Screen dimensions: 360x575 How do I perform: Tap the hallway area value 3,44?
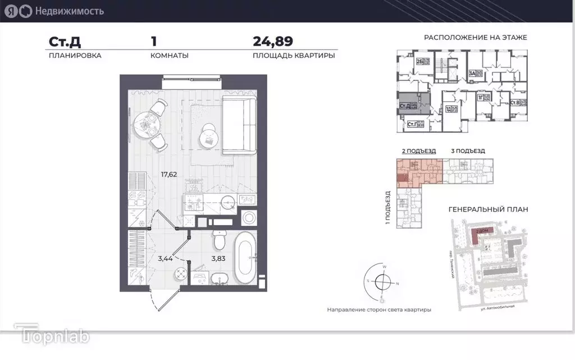pos(165,258)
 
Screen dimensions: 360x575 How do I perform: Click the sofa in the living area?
pos(240,124)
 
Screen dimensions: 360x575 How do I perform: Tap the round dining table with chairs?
pos(147,122)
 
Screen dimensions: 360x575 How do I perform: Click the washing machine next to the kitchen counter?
pos(248,217)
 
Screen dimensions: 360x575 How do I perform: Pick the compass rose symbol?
pos(381,282)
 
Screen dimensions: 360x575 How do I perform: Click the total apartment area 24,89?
pos(273,41)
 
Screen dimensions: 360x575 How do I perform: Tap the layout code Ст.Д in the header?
pos(63,41)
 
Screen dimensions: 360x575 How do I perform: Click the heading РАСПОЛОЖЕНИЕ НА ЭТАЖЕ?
pos(475,38)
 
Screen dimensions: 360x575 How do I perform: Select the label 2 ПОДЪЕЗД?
pos(415,151)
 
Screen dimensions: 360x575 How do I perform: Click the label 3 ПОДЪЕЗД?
pos(468,151)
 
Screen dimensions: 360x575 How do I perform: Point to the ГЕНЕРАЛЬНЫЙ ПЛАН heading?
pos(489,209)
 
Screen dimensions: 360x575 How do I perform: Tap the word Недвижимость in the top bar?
pos(69,10)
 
